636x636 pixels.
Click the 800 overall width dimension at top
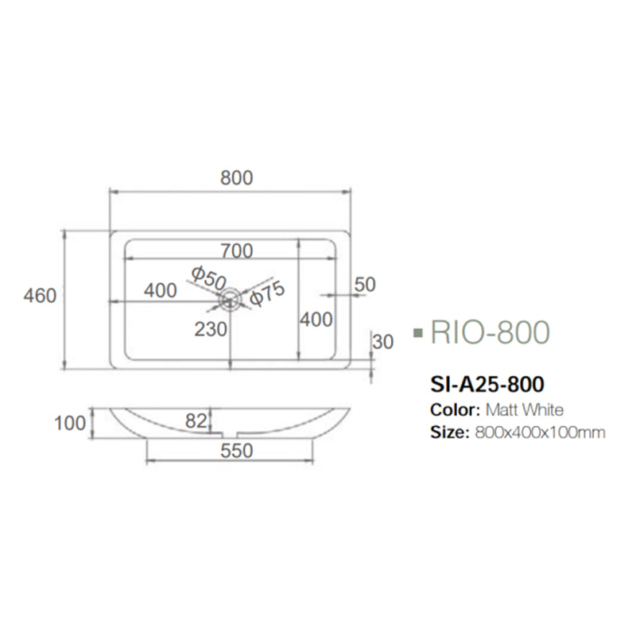pos(236,178)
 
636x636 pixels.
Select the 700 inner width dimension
pos(237,251)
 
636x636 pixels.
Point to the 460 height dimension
pos(40,296)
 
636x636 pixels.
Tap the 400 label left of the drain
pos(161,291)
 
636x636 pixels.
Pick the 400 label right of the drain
pos(316,320)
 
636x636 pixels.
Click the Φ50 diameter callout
pos(209,277)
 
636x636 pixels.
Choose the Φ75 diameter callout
pos(266,295)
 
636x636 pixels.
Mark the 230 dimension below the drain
pos(211,328)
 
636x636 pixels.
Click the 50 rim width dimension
pos(365,284)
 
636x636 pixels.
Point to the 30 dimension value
pos(382,342)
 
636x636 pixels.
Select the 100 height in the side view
pos(70,422)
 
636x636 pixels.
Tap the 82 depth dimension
pos(196,421)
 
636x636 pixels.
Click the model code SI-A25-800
pos(487,385)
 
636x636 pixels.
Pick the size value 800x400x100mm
pos(540,433)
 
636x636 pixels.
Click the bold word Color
pos(452,410)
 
